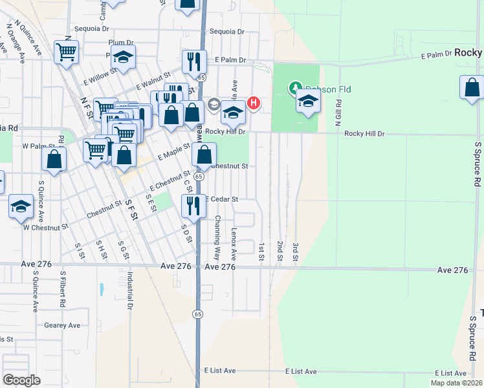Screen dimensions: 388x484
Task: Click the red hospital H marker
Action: tap(254, 102)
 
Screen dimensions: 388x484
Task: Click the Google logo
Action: tap(22, 380)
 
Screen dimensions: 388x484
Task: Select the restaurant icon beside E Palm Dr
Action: tap(194, 62)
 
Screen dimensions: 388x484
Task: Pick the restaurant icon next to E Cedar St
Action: tap(193, 206)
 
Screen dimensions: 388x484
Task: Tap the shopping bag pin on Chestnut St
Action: tap(204, 155)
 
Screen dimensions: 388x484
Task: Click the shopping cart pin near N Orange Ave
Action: tap(67, 52)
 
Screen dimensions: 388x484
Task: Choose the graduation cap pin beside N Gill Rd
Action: tap(308, 102)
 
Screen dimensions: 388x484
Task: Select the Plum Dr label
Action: tap(121, 43)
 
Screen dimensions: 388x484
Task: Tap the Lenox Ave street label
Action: tap(234, 240)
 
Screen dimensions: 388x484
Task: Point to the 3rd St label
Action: tap(294, 252)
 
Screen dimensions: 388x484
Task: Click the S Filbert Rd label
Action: tap(63, 288)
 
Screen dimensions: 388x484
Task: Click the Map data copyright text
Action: tap(456, 383)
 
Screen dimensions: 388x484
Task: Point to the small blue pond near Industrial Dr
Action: tap(102, 288)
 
